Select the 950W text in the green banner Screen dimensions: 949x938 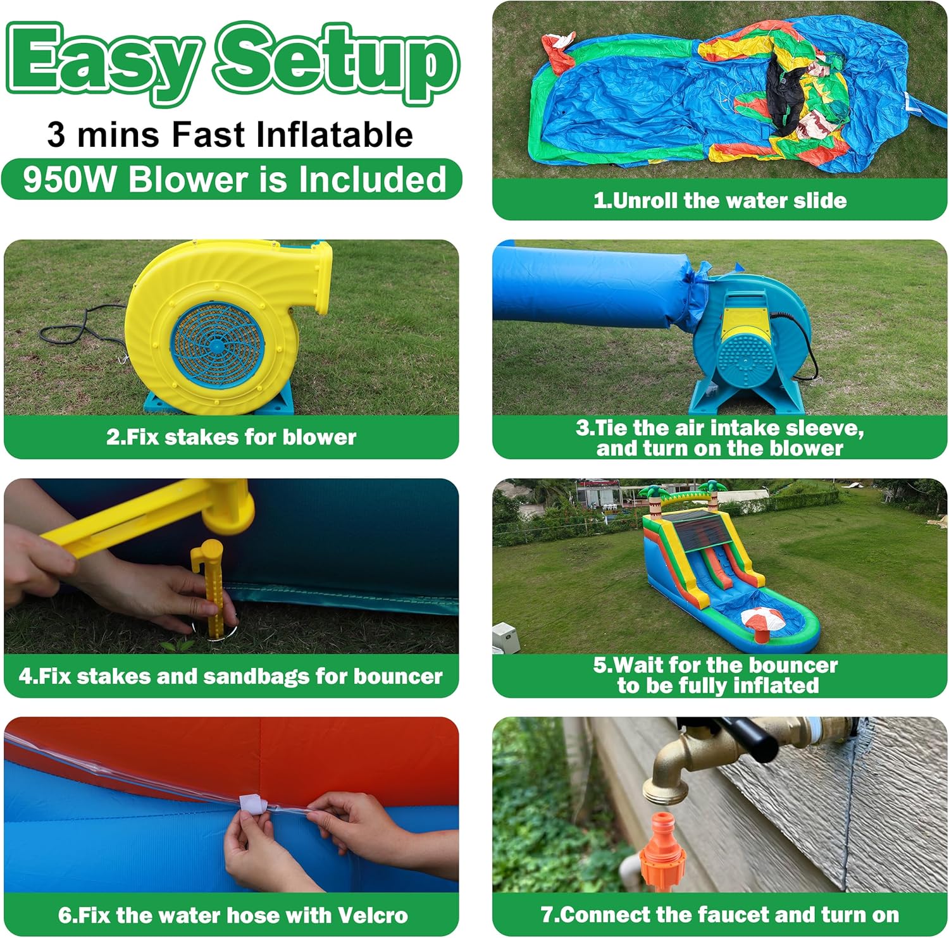pos(70,179)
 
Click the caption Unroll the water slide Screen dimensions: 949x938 pos(720,201)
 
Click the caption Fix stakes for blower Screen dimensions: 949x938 pos(231,437)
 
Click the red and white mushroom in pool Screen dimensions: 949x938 pos(763,620)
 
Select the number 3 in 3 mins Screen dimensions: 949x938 pos(56,135)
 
